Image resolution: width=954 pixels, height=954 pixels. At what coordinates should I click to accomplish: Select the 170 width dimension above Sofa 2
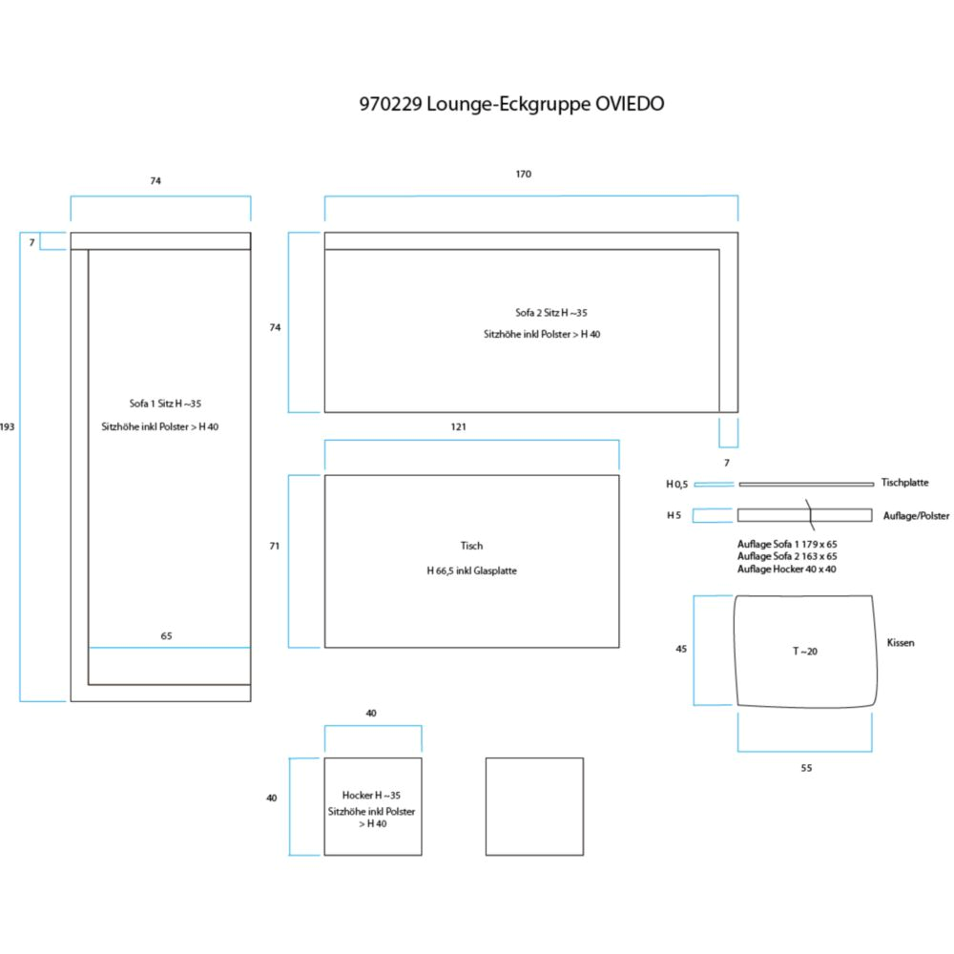pyautogui.click(x=524, y=175)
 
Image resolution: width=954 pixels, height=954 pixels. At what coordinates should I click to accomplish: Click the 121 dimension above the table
pyautogui.click(x=458, y=426)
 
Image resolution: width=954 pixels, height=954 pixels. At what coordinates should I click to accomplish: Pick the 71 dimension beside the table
pyautogui.click(x=275, y=547)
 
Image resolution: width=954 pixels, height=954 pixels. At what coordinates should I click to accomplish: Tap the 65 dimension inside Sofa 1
pyautogui.click(x=167, y=635)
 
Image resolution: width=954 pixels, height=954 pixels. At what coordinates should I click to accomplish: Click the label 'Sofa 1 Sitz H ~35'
pyautogui.click(x=165, y=404)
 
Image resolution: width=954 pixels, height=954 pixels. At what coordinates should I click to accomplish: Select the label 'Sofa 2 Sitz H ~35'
pyautogui.click(x=545, y=312)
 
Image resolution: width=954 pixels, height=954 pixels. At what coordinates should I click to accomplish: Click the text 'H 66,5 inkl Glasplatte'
pyautogui.click(x=471, y=570)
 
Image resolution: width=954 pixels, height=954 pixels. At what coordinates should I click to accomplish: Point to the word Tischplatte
pyautogui.click(x=904, y=484)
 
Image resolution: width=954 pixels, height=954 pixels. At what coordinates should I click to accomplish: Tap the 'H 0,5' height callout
pyautogui.click(x=677, y=485)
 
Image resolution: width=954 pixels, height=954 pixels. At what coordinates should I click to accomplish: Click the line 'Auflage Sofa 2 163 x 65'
pyautogui.click(x=787, y=555)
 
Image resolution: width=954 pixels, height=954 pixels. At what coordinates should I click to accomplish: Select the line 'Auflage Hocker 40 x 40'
pyautogui.click(x=787, y=569)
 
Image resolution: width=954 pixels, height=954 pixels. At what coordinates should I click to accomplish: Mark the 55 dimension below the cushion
pyautogui.click(x=806, y=767)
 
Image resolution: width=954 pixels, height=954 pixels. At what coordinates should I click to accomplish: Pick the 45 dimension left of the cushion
pyautogui.click(x=681, y=649)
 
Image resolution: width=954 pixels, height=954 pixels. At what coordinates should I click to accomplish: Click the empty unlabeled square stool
pyautogui.click(x=534, y=806)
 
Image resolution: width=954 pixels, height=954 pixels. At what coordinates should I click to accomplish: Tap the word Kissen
pyautogui.click(x=901, y=643)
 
